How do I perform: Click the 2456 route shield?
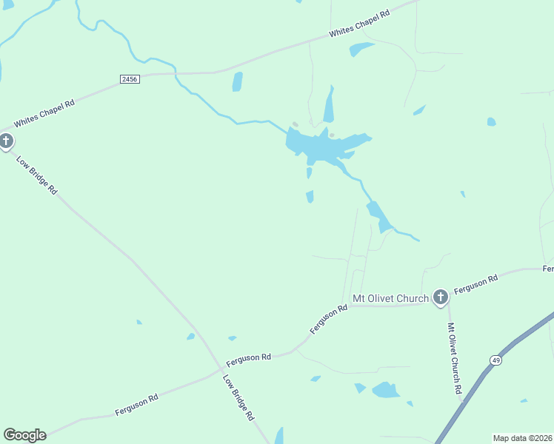point(129,78)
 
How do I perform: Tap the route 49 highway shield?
point(495,360)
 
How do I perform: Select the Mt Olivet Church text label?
point(390,298)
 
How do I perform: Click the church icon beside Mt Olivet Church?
point(440,297)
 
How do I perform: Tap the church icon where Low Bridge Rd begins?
point(6,141)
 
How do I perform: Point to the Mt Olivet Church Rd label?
point(455,357)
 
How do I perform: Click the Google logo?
point(24,435)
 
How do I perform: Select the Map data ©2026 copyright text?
point(521,438)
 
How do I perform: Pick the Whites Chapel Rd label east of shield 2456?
point(359,24)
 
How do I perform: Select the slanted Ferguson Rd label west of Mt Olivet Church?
point(329,319)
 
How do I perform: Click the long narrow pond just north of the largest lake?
point(328,106)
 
